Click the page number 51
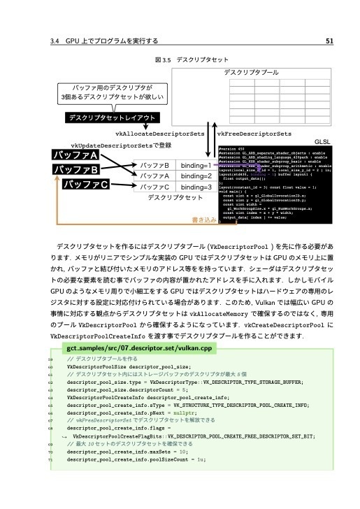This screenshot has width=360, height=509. [340, 40]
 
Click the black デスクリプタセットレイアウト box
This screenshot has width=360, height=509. [112, 117]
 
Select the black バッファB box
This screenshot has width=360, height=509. [77, 169]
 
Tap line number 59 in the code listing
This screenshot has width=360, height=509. [50, 358]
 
